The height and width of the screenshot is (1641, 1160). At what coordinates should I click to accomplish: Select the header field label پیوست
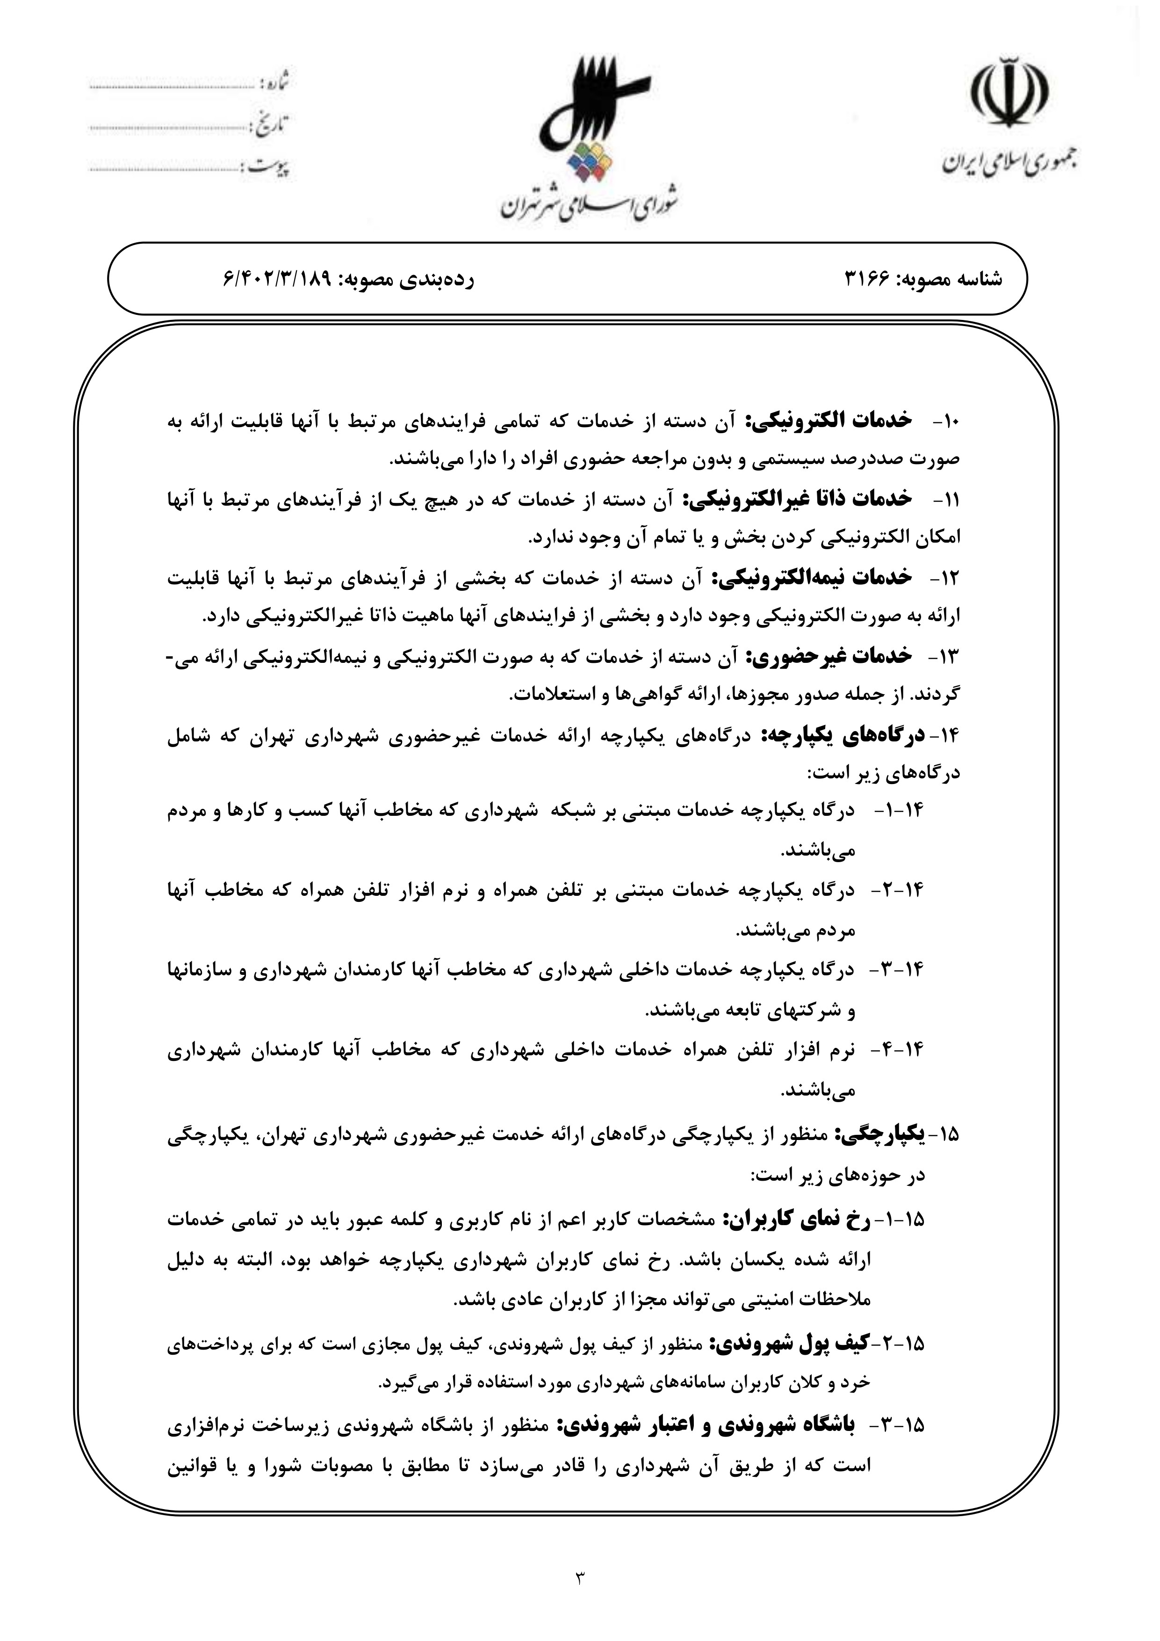268,167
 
